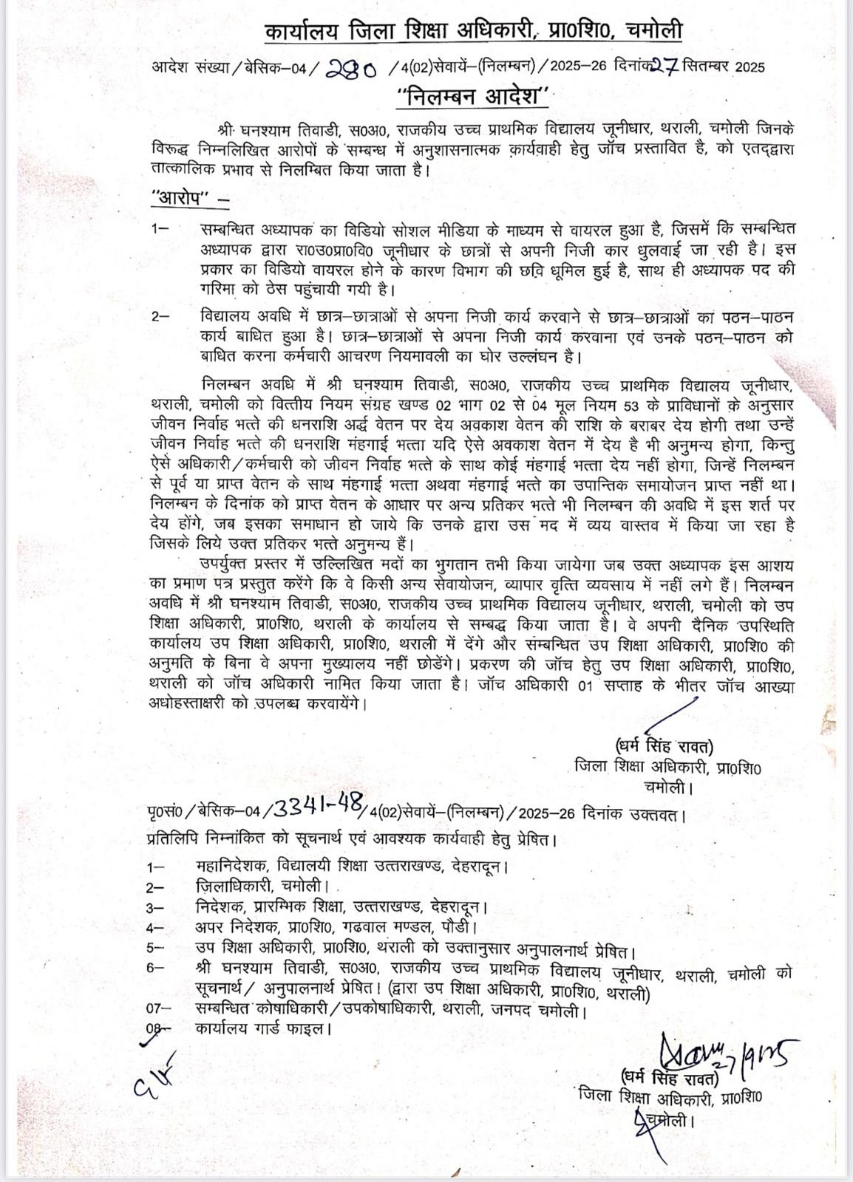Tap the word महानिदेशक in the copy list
click(232, 867)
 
